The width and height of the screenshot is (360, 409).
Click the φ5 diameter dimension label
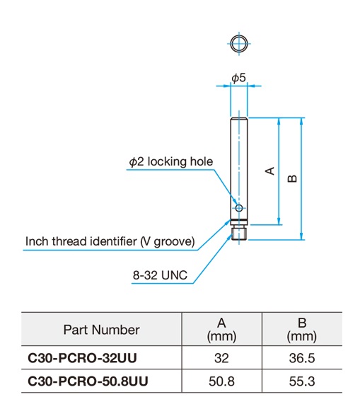coord(238,77)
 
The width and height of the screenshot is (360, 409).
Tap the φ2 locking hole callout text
coord(171,162)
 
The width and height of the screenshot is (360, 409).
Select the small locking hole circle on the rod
coord(239,208)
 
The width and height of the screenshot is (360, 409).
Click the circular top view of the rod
coord(239,43)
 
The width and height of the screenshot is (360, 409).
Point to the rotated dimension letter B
coord(292,178)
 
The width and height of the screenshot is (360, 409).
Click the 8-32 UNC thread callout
coord(160,275)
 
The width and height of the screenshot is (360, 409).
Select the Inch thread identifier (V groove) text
coord(110,241)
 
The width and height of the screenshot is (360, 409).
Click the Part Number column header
coord(101,330)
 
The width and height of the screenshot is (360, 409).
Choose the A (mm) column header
coord(221,330)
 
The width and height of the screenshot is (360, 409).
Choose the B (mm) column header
coord(302,330)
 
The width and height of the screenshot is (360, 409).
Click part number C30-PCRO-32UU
coord(82,358)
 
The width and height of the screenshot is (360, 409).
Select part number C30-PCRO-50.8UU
coord(88,381)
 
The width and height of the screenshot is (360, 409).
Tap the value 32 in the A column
coord(221,358)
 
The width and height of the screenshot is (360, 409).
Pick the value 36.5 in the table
coord(302,358)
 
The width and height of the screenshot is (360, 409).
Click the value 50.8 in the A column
coord(221,381)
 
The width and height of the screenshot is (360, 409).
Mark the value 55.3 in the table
coord(302,381)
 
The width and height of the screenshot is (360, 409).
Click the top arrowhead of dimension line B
coord(301,122)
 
